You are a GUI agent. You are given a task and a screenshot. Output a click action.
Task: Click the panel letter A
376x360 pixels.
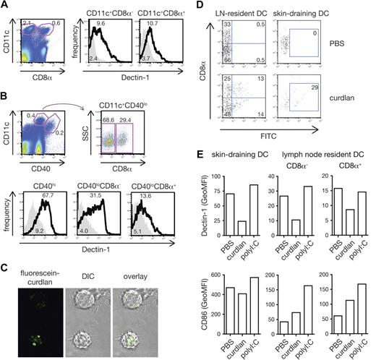click(x=5, y=6)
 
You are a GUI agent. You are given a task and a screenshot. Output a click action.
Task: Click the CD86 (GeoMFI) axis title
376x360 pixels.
click(x=203, y=312)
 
